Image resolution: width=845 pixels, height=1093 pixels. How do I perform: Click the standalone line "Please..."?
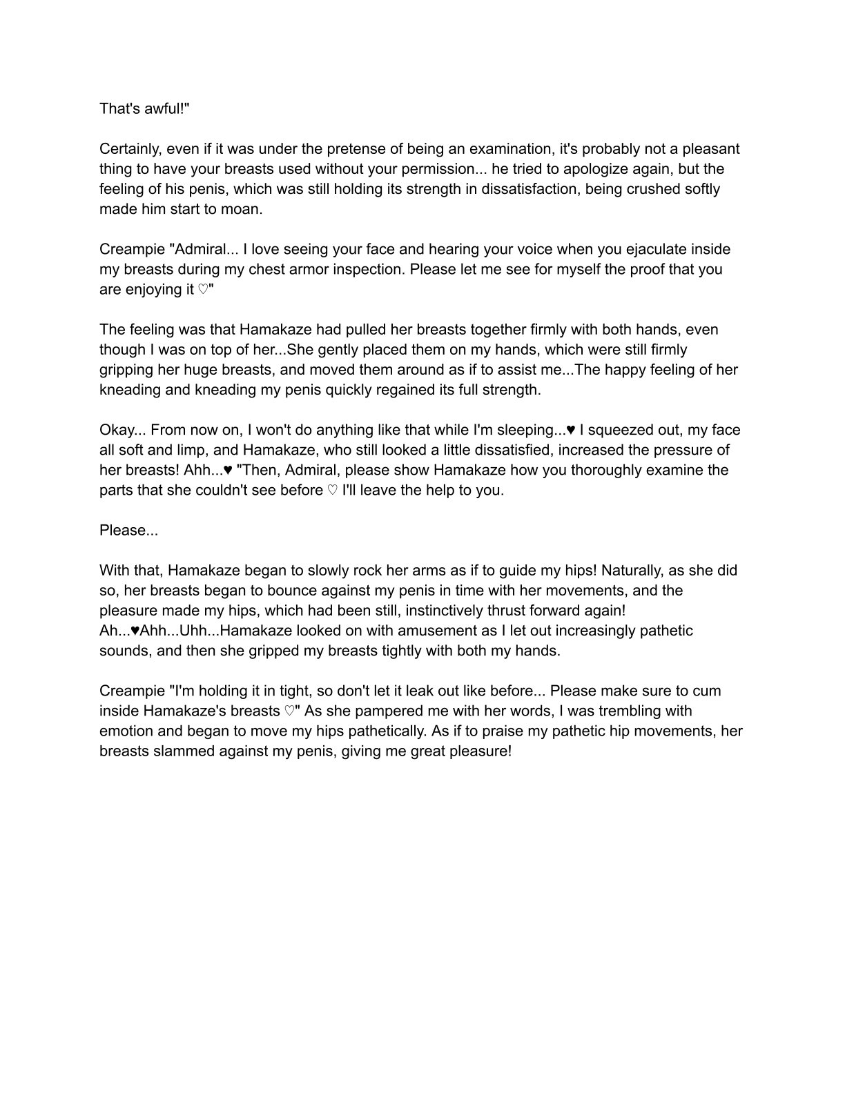128,531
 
